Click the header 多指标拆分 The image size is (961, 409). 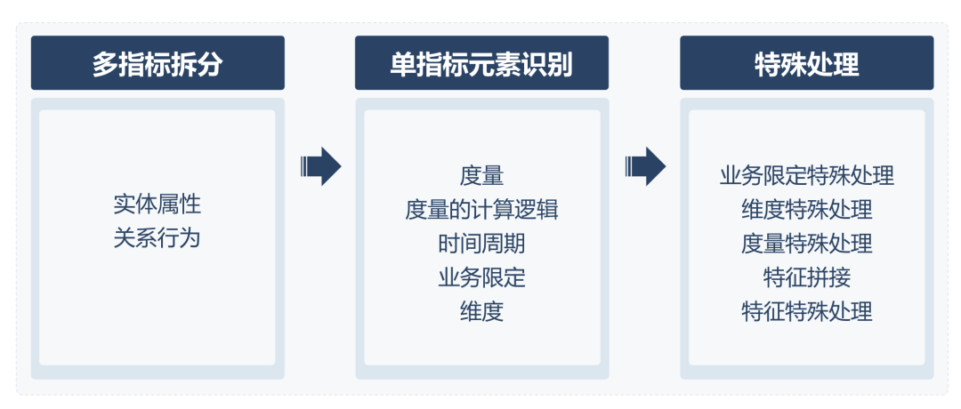coord(157,63)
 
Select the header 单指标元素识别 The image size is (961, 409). coord(481,63)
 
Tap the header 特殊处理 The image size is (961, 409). coord(806,63)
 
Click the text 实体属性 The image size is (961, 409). coord(157,204)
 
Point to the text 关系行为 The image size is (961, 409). coord(157,237)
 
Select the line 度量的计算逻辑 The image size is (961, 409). coord(481,209)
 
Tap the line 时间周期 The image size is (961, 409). coord(481,243)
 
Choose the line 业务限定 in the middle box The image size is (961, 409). coord(481,277)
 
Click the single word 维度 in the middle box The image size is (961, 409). coord(481,311)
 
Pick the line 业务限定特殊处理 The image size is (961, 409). coord(806,175)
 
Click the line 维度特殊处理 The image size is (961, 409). coord(806,209)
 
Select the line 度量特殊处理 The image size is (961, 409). coord(806,243)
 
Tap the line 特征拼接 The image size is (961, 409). coord(806,277)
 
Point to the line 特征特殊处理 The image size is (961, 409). coord(806,311)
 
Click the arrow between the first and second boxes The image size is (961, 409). coord(321,165)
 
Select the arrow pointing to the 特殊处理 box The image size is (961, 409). coord(645,165)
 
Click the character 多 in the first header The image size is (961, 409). coord(106,63)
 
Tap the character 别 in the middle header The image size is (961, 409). coord(559,63)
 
